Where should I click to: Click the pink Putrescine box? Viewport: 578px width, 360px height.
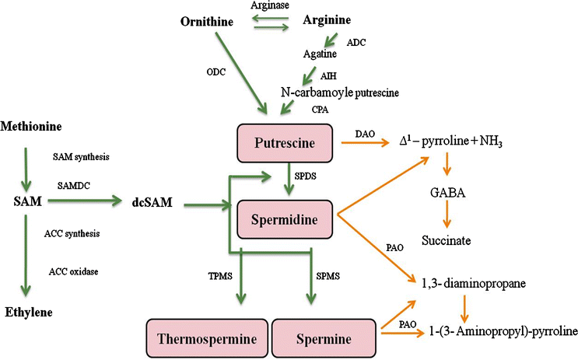(x=285, y=142)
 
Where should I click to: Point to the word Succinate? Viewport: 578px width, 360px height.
(x=447, y=241)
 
